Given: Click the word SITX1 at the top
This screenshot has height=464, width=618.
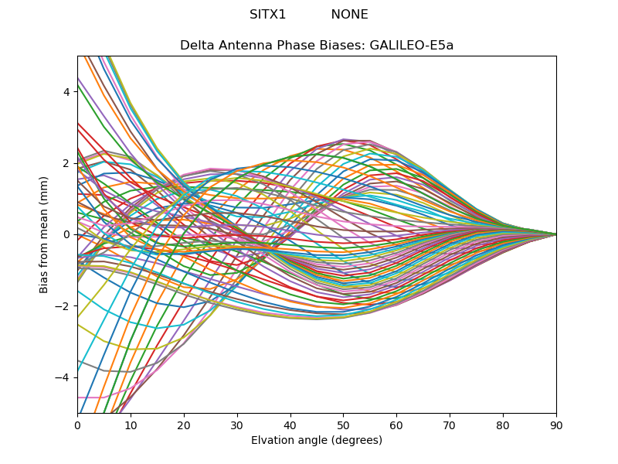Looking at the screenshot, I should (268, 15).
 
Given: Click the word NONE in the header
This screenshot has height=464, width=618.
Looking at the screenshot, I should (349, 15).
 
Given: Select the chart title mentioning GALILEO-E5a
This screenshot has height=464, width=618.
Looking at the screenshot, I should (317, 46).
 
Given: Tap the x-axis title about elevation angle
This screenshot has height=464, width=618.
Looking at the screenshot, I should (317, 441).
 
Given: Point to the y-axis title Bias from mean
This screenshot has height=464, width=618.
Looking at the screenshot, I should (45, 234).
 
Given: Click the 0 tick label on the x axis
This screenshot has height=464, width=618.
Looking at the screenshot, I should (77, 425).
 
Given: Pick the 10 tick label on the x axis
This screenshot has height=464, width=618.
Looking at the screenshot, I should (131, 425).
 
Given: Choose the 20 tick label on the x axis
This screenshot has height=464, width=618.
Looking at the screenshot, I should (184, 425).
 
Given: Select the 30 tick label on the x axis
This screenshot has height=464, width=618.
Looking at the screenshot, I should (237, 425).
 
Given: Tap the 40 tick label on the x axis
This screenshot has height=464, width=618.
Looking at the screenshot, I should (290, 425).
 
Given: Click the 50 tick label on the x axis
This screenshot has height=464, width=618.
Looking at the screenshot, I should (343, 425).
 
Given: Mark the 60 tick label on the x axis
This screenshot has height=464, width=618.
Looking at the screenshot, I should (396, 425).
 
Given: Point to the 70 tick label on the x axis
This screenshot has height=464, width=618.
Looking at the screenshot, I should (450, 425).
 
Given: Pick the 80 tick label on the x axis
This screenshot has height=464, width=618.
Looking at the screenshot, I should (503, 425).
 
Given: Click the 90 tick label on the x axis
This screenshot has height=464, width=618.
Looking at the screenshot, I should (556, 425).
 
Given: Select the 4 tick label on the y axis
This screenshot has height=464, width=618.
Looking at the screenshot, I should (66, 92).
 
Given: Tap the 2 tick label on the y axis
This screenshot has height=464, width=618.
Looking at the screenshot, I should (66, 163).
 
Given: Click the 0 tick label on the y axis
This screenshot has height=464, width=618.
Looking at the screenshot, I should (66, 234).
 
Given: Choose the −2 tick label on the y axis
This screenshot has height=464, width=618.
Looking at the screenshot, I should (63, 306).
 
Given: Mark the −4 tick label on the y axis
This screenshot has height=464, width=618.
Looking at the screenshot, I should (63, 377).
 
